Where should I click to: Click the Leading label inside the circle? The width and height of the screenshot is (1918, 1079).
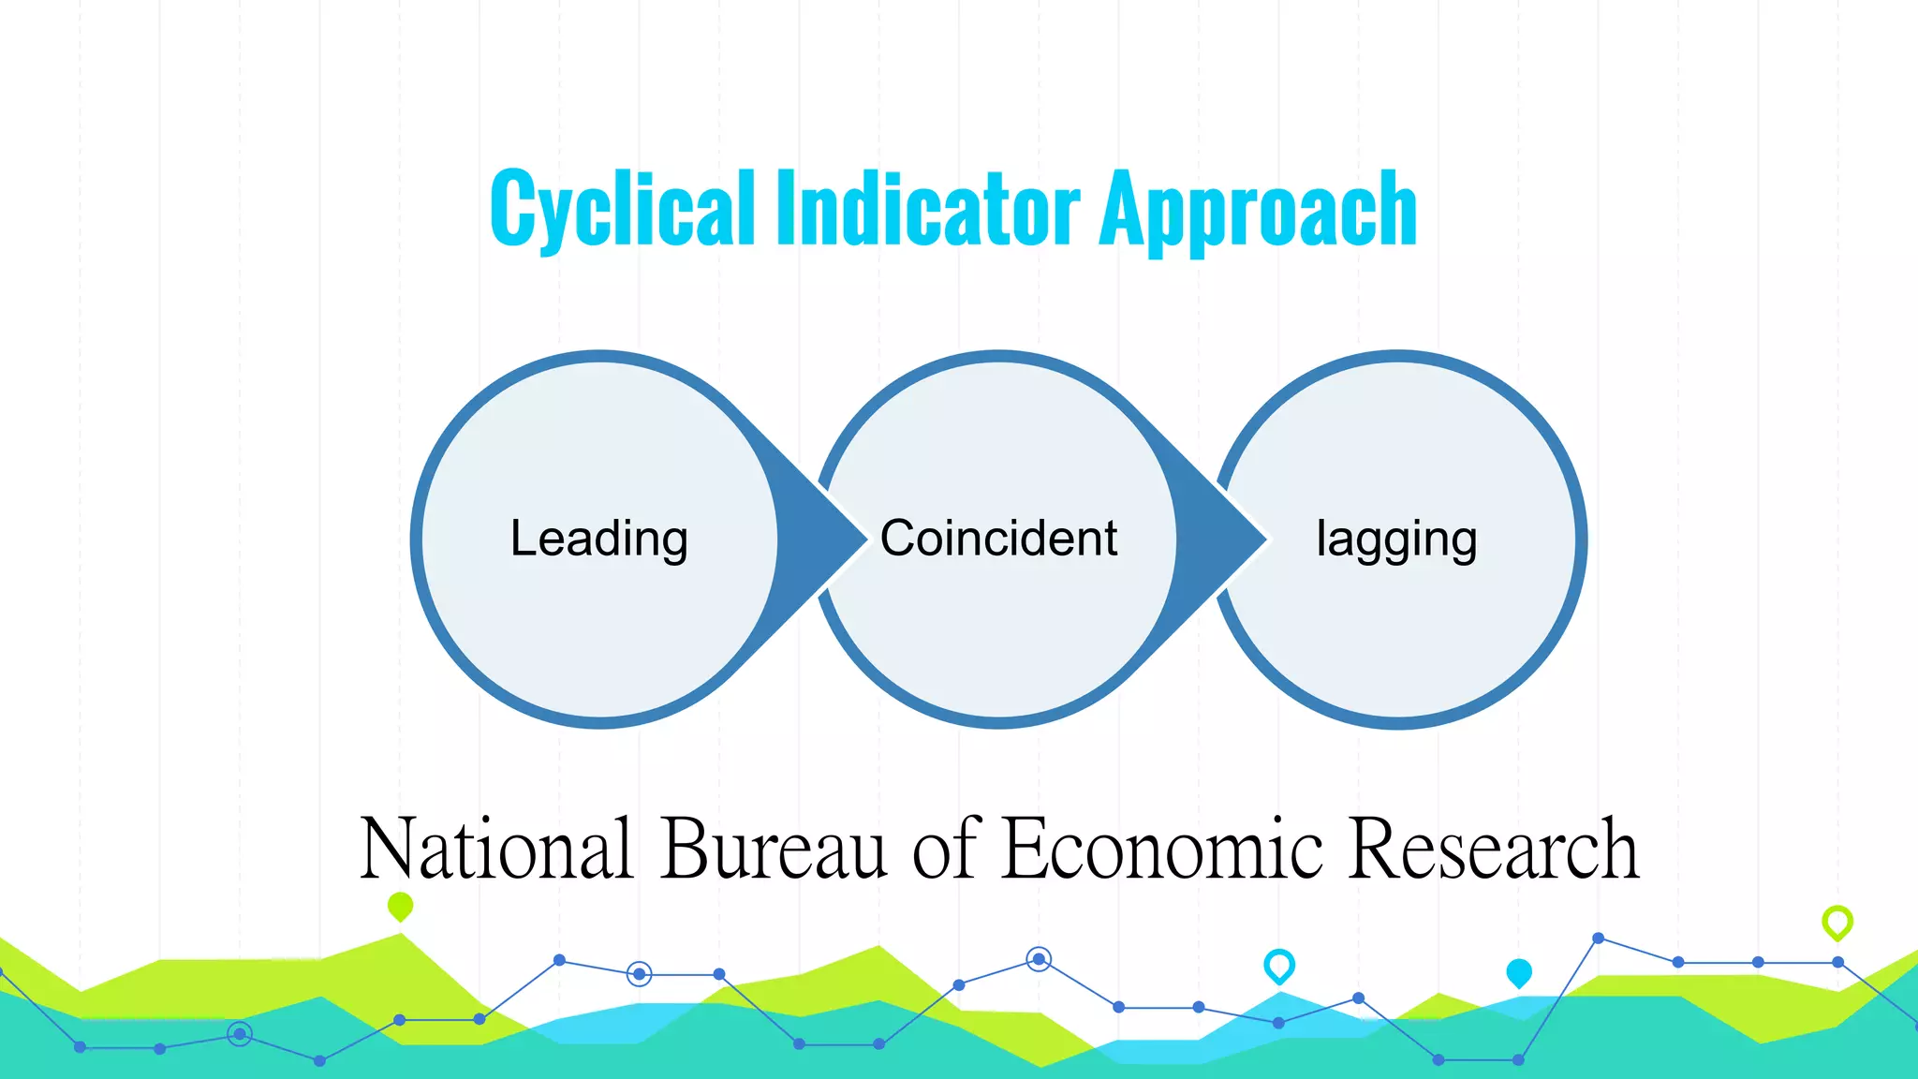tap(599, 539)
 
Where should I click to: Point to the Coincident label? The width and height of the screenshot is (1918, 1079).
tap(998, 539)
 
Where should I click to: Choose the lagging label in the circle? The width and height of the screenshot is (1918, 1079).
tap(1396, 540)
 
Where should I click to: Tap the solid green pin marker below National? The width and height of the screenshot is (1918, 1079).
tap(400, 906)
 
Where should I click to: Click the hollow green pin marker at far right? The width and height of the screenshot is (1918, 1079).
tap(1837, 922)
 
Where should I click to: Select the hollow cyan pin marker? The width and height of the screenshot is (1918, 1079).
tap(1278, 965)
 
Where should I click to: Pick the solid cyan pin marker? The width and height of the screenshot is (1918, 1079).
tap(1518, 972)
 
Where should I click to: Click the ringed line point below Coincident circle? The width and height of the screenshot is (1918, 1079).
tap(1038, 959)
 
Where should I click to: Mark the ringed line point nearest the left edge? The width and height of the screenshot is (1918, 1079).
tap(240, 1034)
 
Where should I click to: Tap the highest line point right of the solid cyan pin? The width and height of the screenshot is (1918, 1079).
tap(1598, 938)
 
